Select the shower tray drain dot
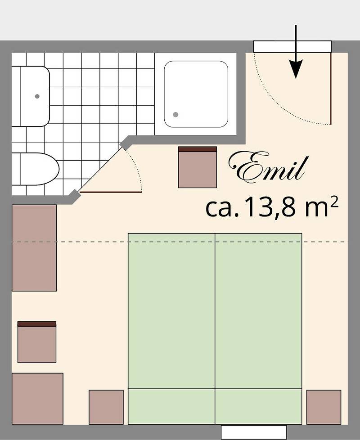tap(175, 115)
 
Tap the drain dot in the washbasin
tap(37, 96)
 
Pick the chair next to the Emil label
tap(197, 167)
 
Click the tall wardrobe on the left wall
tap(34, 248)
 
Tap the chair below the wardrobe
tap(37, 342)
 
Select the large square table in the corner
tap(37, 399)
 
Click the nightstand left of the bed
tap(106, 407)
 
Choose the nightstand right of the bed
tap(324, 407)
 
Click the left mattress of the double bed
tap(171, 310)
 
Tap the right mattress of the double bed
tap(258, 310)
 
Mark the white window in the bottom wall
tap(254, 432)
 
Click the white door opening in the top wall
tap(292, 46)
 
